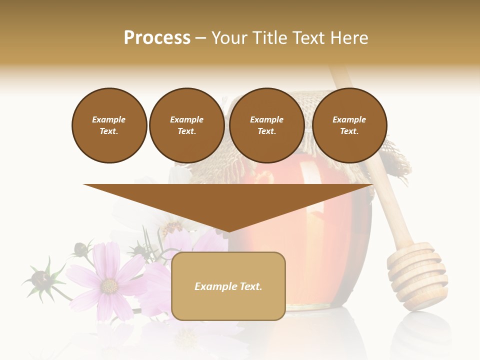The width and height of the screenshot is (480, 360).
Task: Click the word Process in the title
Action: pos(157,37)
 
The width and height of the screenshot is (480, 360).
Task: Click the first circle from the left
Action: pos(109,125)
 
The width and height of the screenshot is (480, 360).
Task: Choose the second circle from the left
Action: pos(187,125)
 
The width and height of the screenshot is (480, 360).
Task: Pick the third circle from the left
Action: pos(267,125)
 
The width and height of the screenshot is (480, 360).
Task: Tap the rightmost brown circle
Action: pos(349,125)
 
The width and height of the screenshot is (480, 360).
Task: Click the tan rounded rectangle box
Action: pos(228,286)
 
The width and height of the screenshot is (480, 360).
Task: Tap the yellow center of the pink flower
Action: pos(109,285)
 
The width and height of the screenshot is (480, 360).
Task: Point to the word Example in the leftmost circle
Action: pos(109,120)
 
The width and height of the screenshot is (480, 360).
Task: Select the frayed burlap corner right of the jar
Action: pos(397,160)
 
